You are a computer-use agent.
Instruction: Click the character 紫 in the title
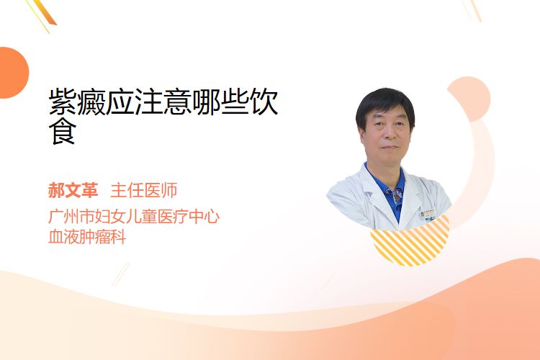click(63, 102)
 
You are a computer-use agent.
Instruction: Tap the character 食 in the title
click(63, 131)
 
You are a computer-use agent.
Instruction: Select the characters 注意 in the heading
click(163, 102)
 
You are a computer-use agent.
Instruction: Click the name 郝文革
click(73, 190)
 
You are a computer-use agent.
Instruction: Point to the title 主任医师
click(144, 190)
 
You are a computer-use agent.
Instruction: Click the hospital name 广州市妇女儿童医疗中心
click(134, 216)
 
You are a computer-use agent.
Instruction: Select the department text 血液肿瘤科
click(87, 237)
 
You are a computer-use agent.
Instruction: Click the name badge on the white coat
click(428, 215)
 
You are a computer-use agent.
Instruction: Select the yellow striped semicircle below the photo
click(410, 241)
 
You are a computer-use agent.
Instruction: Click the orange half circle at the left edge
click(13, 73)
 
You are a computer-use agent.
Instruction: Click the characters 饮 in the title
click(264, 102)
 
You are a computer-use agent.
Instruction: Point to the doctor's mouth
click(390, 147)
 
